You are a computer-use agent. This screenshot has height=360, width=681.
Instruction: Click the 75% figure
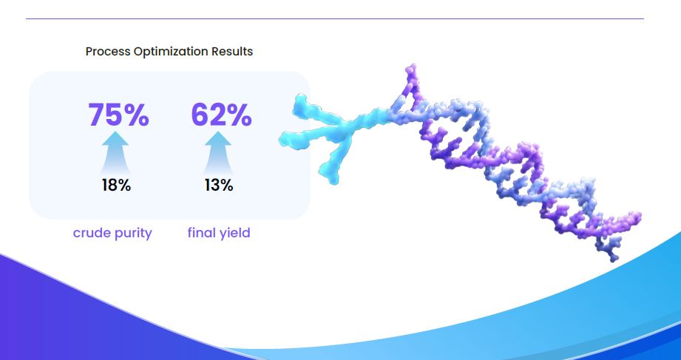pyautogui.click(x=118, y=115)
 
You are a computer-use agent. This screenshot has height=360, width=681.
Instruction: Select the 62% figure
pyautogui.click(x=222, y=115)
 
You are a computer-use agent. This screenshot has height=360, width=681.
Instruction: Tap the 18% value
pyautogui.click(x=116, y=186)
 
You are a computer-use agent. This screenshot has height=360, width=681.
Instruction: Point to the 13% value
pyautogui.click(x=219, y=186)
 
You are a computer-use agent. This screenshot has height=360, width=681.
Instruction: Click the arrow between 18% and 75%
pyautogui.click(x=115, y=153)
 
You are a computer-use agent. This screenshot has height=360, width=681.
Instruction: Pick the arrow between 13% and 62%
pyautogui.click(x=218, y=153)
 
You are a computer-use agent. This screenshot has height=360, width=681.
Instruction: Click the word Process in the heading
pyautogui.click(x=108, y=51)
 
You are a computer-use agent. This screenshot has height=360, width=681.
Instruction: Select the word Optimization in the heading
pyautogui.click(x=171, y=52)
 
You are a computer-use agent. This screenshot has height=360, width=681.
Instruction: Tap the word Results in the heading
pyautogui.click(x=232, y=51)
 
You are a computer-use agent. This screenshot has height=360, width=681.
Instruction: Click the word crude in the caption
pyautogui.click(x=92, y=233)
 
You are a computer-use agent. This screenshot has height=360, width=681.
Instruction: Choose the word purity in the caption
pyautogui.click(x=133, y=234)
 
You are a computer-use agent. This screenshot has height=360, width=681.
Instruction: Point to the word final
pyautogui.click(x=201, y=233)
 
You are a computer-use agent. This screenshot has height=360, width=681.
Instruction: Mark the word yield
pyautogui.click(x=234, y=234)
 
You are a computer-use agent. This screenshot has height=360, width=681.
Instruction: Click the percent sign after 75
pyautogui.click(x=135, y=115)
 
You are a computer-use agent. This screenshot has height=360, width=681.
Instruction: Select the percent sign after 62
pyautogui.click(x=237, y=115)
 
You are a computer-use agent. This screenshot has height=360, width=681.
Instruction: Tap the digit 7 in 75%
pyautogui.click(x=96, y=115)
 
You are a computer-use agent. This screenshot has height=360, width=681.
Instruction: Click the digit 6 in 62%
pyautogui.click(x=200, y=115)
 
